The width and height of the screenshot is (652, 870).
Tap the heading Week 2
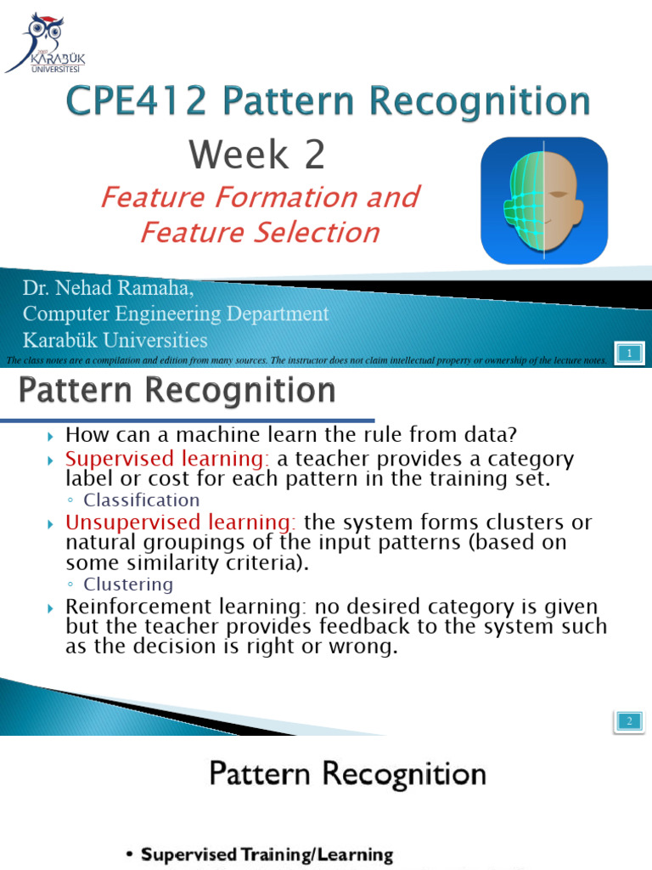point(256,155)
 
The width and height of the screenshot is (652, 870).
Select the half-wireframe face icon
point(544,201)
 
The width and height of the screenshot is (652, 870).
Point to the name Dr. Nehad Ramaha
point(108,289)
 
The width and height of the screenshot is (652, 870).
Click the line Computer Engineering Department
point(175,314)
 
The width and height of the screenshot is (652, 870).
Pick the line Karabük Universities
point(115,341)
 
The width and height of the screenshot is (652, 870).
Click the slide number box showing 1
point(630,353)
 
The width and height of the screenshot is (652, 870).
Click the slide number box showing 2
point(630,721)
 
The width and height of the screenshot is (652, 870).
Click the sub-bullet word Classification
point(142,500)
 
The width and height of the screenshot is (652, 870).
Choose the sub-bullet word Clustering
point(128,585)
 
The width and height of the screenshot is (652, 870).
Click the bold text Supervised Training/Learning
point(267,854)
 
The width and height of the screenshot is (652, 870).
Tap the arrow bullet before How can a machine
point(52,436)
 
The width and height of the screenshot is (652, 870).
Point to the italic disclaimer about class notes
point(306,360)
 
